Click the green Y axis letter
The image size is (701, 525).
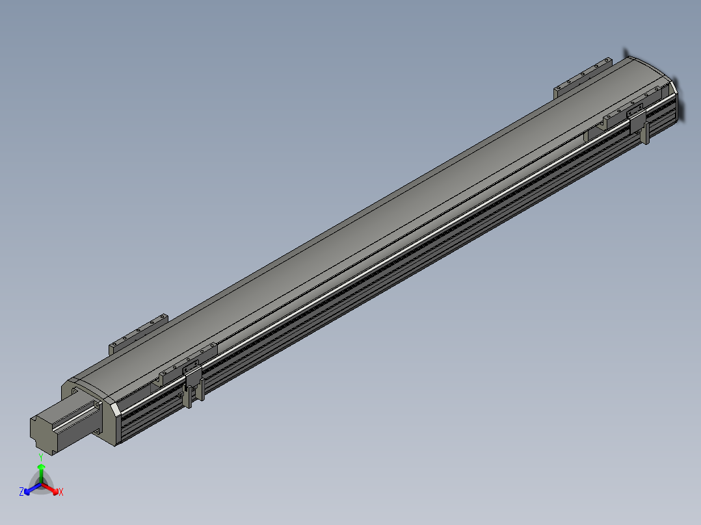pyautogui.click(x=41, y=457)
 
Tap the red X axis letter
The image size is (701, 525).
pyautogui.click(x=61, y=492)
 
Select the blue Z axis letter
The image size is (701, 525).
pyautogui.click(x=21, y=491)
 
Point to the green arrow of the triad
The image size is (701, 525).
pyautogui.click(x=41, y=473)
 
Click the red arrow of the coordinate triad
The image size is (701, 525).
pyautogui.click(x=50, y=489)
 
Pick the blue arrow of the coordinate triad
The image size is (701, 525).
pyautogui.click(x=33, y=489)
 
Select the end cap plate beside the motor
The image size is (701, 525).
pyautogui.click(x=90, y=411)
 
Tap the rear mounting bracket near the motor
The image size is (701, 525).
pyautogui.click(x=138, y=334)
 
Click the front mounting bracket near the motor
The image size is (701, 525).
pyautogui.click(x=188, y=364)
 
